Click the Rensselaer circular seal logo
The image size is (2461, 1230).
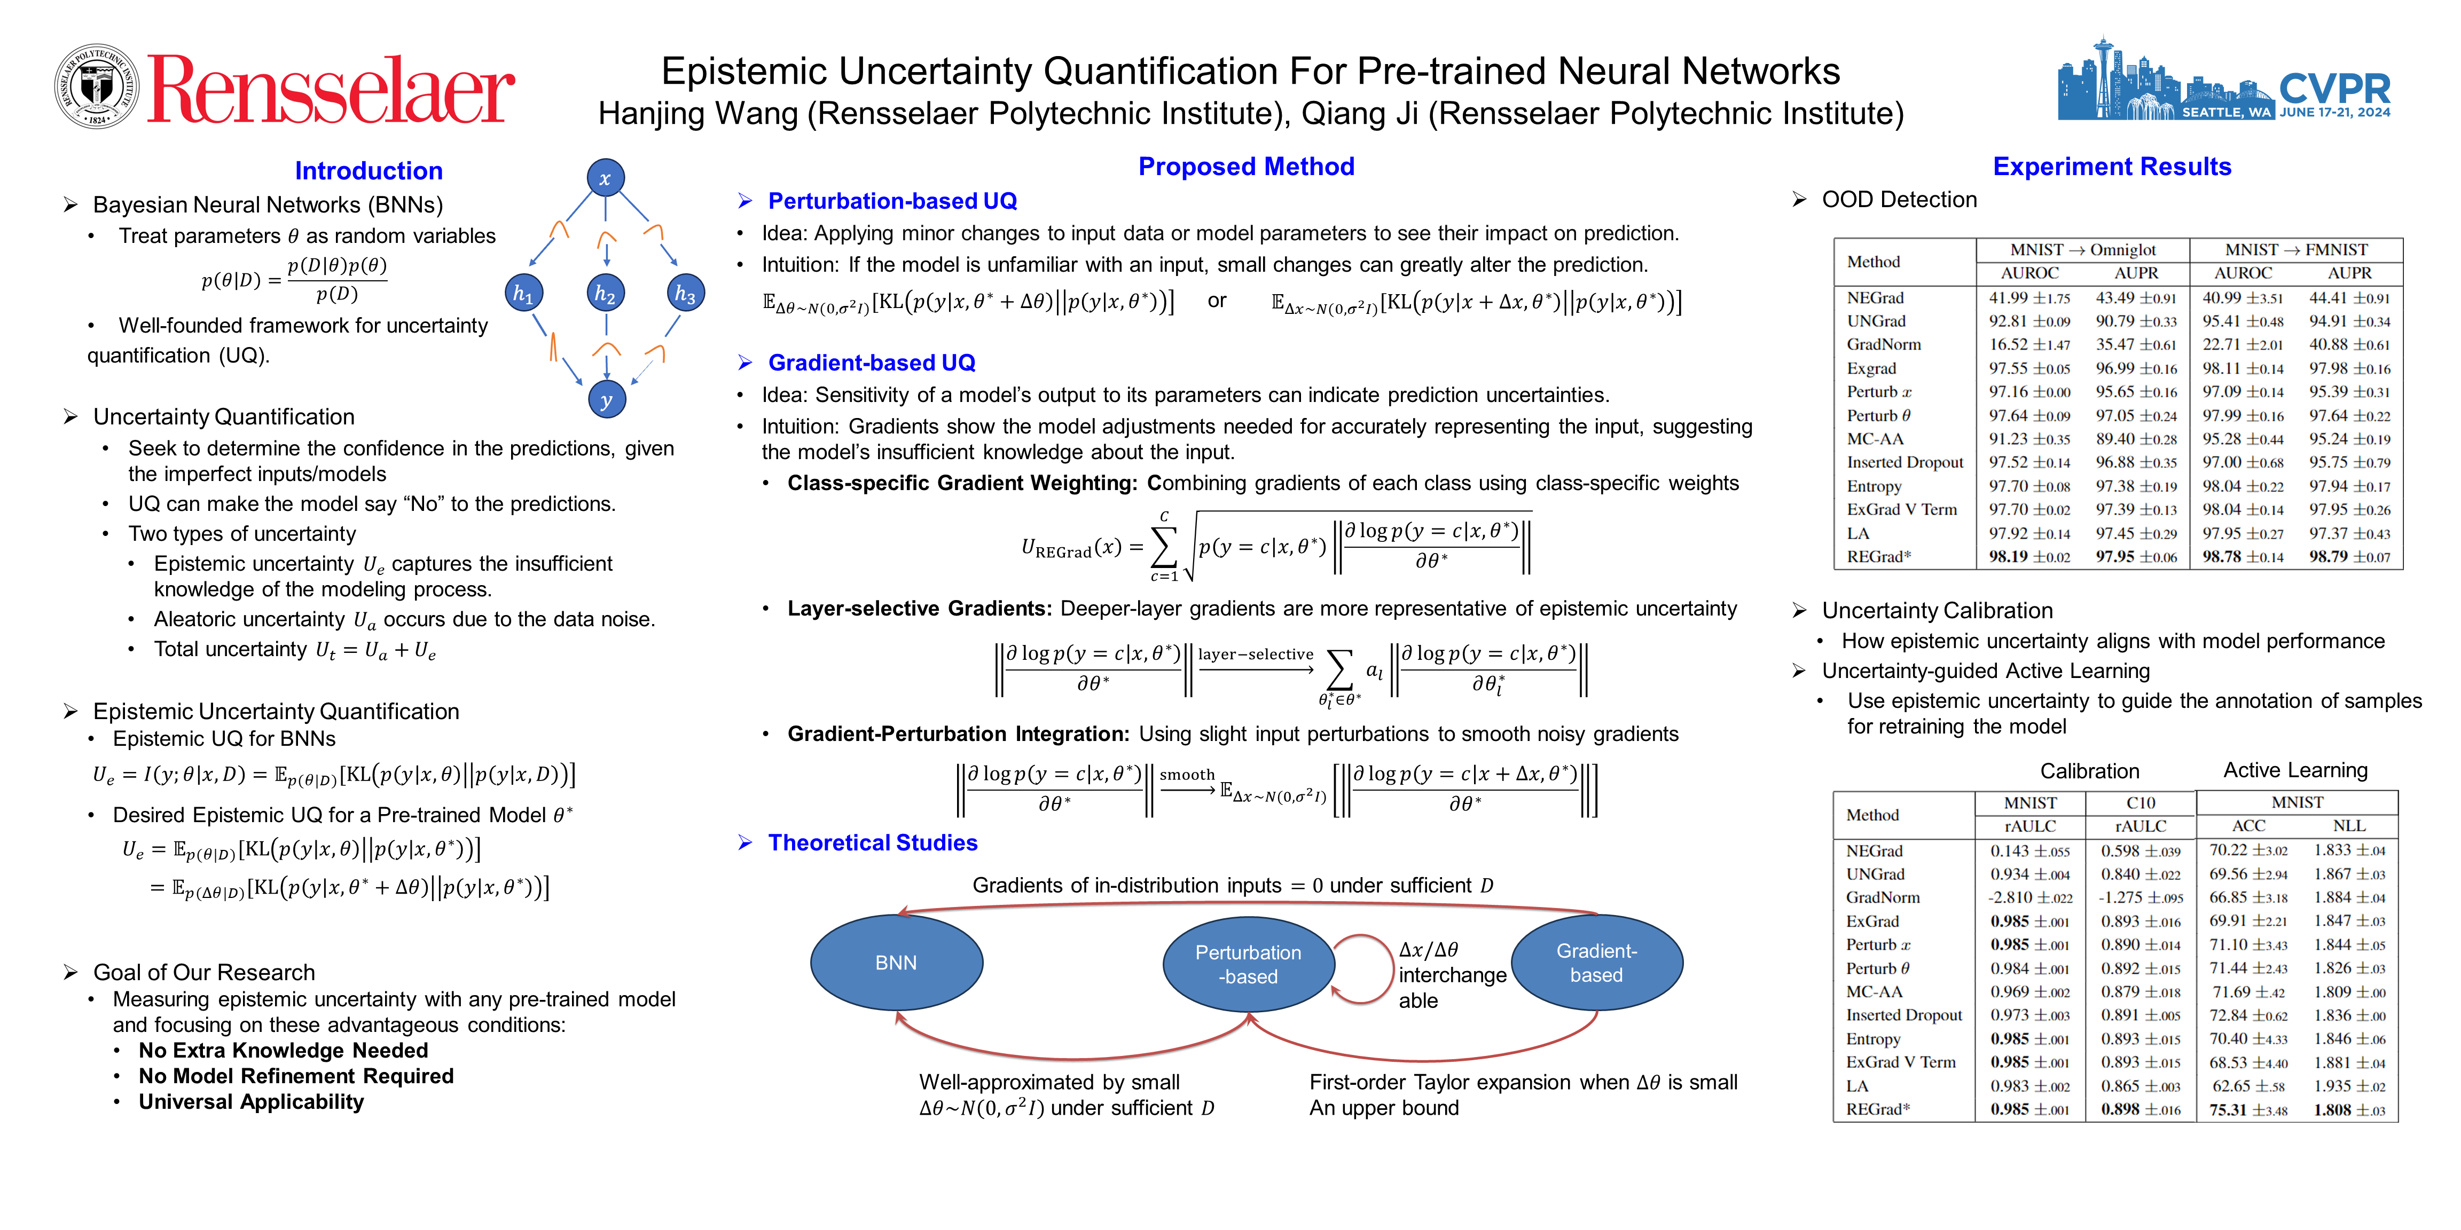pyautogui.click(x=97, y=86)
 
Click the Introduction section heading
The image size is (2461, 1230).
pyautogui.click(x=369, y=171)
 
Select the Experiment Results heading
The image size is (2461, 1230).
pyautogui.click(x=2111, y=167)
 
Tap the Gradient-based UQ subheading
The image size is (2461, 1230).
pyautogui.click(x=871, y=363)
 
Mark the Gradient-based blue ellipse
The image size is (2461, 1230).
pyautogui.click(x=1596, y=963)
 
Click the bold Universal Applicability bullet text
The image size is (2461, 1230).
pyautogui.click(x=251, y=1102)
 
